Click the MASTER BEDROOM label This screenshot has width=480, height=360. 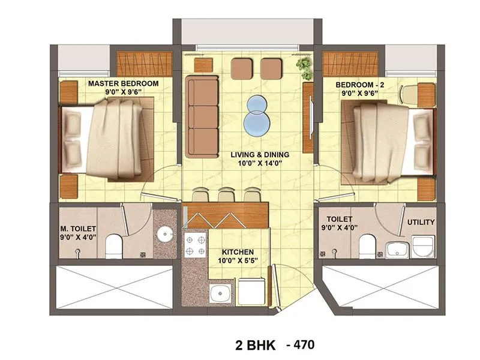123,83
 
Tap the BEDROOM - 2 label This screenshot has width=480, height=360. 360,85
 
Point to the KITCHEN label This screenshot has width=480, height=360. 238,252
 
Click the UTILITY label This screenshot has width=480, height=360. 421,222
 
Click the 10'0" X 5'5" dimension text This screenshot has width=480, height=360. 238,261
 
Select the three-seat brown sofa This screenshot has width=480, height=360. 200,116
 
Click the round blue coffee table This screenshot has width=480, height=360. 256,114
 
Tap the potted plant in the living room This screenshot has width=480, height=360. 304,67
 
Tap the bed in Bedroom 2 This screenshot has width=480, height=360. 384,142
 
